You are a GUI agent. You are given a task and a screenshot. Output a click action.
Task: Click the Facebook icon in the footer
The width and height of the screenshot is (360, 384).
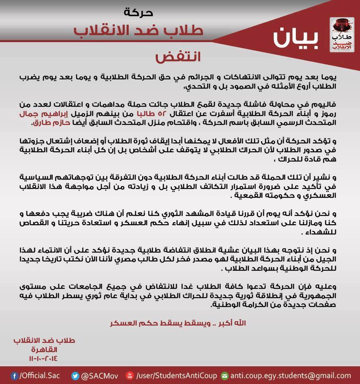coord(15,376)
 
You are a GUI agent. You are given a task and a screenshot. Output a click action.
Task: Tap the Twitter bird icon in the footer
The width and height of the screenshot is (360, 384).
coord(76,376)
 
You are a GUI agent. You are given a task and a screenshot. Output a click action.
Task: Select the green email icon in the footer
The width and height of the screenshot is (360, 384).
coord(225,376)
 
